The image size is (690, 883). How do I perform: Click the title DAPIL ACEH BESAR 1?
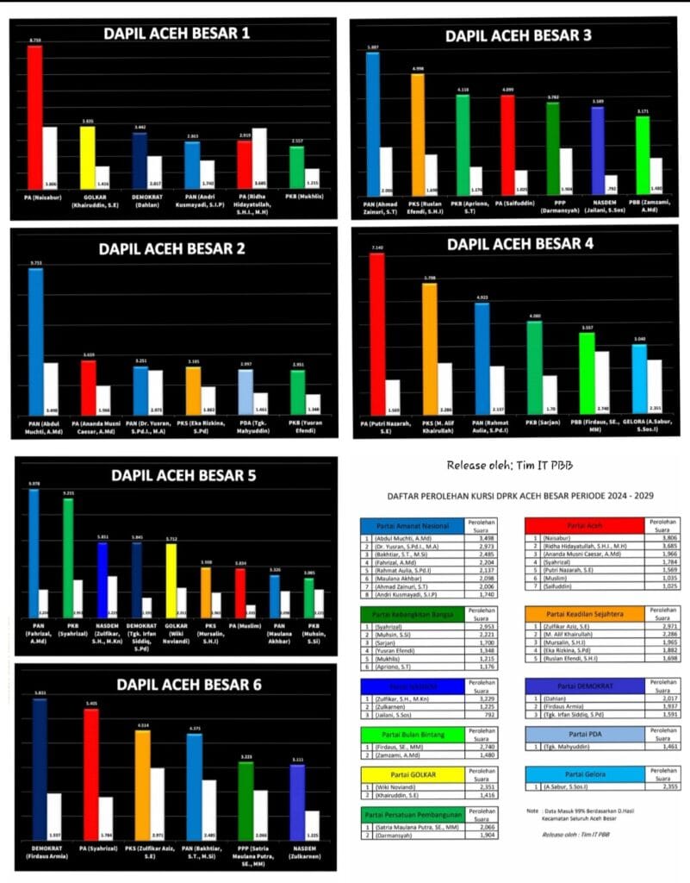click(x=177, y=34)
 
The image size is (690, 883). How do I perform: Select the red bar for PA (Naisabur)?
click(x=34, y=116)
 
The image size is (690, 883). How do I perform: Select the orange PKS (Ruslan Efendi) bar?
click(x=417, y=134)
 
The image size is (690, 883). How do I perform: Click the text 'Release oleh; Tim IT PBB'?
click(x=512, y=466)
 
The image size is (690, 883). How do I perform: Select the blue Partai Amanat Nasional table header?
click(x=410, y=525)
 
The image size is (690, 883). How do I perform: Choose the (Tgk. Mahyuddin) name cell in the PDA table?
click(x=586, y=746)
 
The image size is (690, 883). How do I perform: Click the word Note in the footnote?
click(x=533, y=811)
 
